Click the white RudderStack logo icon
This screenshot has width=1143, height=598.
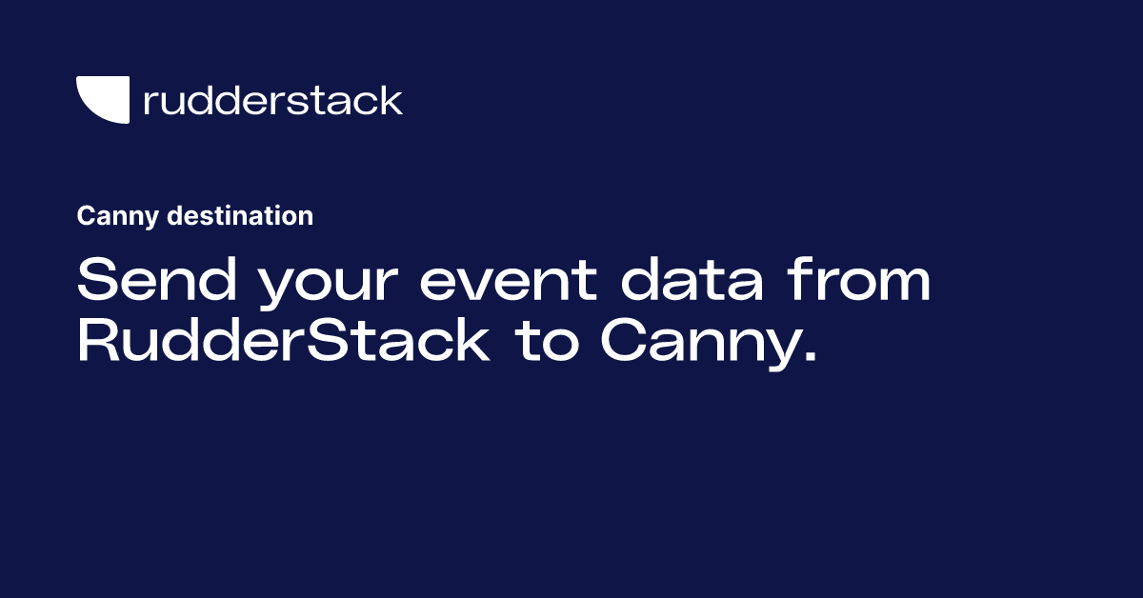(x=101, y=99)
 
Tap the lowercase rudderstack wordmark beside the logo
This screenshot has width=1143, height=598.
(x=272, y=100)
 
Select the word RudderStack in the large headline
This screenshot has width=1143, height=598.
(x=283, y=343)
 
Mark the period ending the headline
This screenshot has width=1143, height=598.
(x=811, y=360)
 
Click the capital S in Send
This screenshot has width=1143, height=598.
(x=96, y=284)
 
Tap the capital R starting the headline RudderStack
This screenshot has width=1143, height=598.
(x=97, y=343)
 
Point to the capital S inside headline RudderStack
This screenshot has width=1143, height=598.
(x=330, y=343)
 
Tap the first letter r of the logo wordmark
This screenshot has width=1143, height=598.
(x=150, y=103)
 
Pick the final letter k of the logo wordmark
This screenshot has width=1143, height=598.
(x=391, y=99)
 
